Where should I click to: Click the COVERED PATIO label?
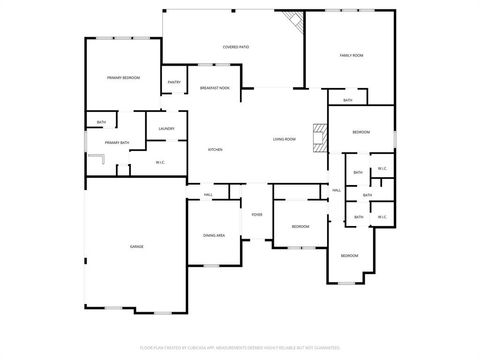[235, 47]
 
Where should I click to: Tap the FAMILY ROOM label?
[351, 55]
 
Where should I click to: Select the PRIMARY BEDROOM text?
[123, 77]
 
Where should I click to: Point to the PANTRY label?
[174, 83]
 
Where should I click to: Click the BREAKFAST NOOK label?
[214, 88]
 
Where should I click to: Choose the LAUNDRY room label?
[166, 128]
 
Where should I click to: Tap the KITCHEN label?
[215, 150]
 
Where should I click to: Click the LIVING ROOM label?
[284, 139]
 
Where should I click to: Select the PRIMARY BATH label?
[117, 143]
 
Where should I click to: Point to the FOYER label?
[257, 215]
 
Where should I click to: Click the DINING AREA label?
[214, 235]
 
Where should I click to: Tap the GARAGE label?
[136, 246]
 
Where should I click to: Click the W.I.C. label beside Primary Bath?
[160, 161]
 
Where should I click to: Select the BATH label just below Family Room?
[347, 100]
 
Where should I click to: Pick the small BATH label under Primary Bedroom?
[101, 123]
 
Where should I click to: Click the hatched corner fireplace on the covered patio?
[291, 22]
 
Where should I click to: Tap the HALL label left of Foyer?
[208, 194]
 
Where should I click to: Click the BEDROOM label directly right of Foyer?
[300, 227]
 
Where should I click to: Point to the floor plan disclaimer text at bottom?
[239, 349]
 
